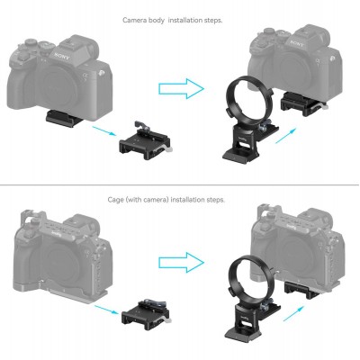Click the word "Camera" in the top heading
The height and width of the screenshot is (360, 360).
point(134,18)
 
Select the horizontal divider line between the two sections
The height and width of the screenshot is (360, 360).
point(180,185)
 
